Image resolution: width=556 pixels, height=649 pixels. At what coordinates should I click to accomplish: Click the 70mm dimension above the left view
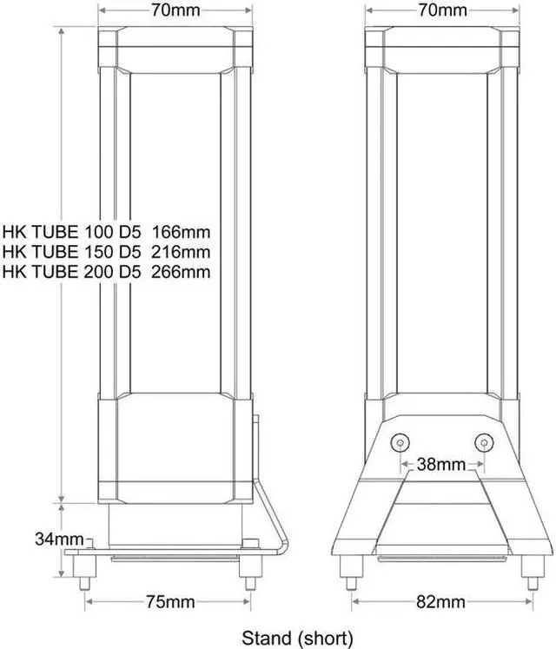174,10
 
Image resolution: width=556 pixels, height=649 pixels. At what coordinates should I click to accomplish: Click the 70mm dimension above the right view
442,10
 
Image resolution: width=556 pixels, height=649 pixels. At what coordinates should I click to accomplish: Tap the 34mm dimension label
53,539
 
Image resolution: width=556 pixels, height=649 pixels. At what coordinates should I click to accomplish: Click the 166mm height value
181,232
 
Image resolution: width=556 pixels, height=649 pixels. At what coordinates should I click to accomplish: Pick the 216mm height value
181,252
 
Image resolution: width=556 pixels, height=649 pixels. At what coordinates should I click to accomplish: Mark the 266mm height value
181,272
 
